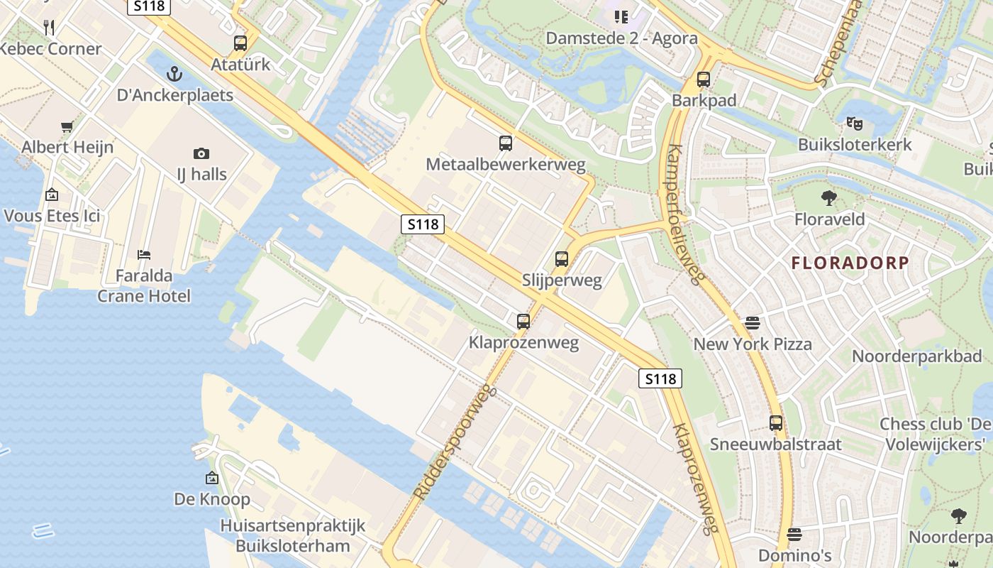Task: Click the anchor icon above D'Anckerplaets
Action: [x=174, y=73]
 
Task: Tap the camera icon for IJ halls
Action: [x=201, y=153]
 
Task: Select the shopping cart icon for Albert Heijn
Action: [x=67, y=127]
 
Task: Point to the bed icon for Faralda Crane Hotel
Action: [x=144, y=254]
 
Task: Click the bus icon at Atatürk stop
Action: [x=240, y=43]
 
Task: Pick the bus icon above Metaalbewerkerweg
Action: [x=506, y=143]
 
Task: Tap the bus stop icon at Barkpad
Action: [x=704, y=80]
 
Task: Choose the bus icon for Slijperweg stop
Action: [x=562, y=259]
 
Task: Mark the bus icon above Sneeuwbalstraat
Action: [x=776, y=423]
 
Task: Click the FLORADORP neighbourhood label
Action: [x=850, y=263]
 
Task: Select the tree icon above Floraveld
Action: [x=829, y=198]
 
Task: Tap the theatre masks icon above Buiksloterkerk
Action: [x=855, y=124]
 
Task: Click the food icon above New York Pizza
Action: [x=753, y=323]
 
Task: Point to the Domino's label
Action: [x=794, y=555]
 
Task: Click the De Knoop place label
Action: [x=212, y=499]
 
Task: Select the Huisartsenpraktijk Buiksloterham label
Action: [x=293, y=535]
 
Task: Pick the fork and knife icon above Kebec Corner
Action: [x=49, y=28]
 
